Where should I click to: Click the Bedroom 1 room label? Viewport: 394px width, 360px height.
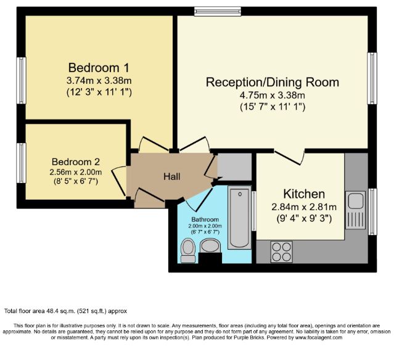[99, 68]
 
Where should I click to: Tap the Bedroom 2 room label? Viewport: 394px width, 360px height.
[76, 162]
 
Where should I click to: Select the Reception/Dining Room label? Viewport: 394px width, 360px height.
[273, 83]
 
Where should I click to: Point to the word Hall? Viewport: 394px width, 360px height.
[172, 176]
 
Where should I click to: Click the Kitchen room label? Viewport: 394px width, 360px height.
[304, 194]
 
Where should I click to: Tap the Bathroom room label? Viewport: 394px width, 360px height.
[205, 219]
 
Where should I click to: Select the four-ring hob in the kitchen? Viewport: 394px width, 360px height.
[281, 252]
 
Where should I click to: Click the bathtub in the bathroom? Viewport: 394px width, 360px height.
[239, 218]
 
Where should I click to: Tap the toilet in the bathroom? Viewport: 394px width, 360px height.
[188, 250]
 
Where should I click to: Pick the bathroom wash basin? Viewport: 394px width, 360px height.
[210, 245]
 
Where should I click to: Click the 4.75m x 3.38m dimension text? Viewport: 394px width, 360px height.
[273, 96]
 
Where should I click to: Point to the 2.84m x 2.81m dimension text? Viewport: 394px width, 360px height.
[304, 207]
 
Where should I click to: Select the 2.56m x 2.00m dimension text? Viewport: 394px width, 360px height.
[76, 173]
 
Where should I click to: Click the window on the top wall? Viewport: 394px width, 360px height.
[218, 11]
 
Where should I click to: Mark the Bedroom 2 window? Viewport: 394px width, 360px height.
[22, 163]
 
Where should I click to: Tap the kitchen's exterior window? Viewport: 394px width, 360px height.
[372, 211]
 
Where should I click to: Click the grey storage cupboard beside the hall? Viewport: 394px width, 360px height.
[234, 166]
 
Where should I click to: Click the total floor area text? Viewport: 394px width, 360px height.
[65, 311]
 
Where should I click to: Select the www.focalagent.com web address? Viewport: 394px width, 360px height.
[319, 338]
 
